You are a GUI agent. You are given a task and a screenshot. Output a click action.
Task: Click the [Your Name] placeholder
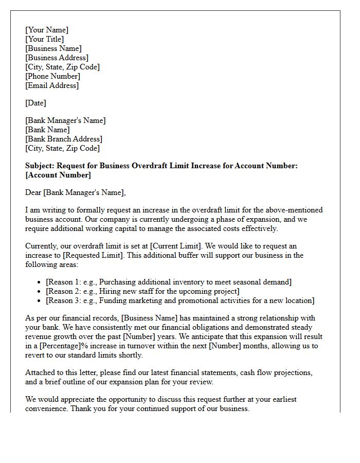(47, 30)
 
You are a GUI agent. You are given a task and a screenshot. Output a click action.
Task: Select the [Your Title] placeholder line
(45, 39)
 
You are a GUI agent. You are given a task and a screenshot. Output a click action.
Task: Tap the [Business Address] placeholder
(57, 58)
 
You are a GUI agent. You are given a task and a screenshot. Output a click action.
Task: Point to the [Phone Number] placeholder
(52, 76)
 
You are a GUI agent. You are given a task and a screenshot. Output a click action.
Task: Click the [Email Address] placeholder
(52, 85)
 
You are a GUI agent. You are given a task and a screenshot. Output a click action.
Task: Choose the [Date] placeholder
(35, 103)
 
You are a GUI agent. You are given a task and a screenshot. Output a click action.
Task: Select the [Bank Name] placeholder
(47, 130)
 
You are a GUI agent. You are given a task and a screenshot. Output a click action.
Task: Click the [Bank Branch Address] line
(64, 139)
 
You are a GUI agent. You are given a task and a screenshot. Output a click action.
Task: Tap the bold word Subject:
(40, 166)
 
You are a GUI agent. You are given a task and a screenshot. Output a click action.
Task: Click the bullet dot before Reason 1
(40, 282)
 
